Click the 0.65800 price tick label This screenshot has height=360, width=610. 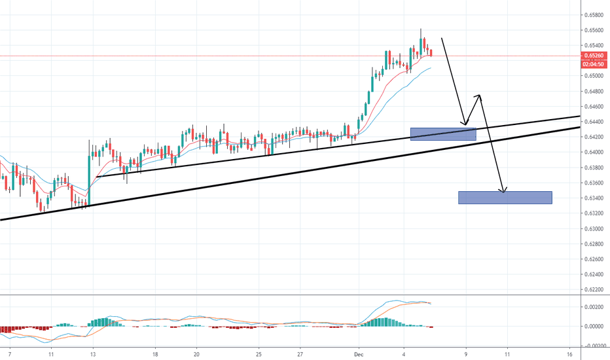(x=594, y=15)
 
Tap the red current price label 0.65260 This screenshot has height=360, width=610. (x=594, y=56)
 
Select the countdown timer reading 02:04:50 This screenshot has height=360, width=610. (x=594, y=64)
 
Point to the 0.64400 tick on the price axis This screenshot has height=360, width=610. (x=594, y=122)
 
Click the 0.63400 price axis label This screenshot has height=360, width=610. (x=594, y=198)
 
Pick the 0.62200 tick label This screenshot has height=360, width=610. (x=594, y=289)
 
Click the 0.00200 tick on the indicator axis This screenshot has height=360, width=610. (x=594, y=306)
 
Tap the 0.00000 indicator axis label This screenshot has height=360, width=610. (x=594, y=326)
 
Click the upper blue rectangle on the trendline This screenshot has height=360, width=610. (x=442, y=134)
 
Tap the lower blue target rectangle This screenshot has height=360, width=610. (x=505, y=198)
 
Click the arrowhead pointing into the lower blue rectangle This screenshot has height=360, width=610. (x=503, y=190)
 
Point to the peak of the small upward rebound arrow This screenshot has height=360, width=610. (x=480, y=96)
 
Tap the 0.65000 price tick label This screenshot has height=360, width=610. (x=594, y=76)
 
